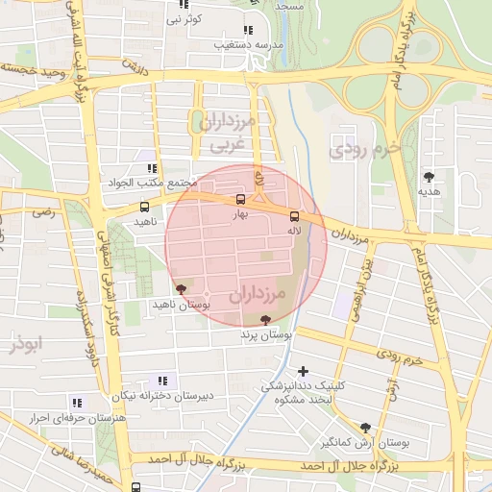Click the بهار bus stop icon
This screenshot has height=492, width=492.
(x=240, y=200)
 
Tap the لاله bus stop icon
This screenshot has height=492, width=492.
(x=294, y=216)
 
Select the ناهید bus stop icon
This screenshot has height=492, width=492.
(x=144, y=207)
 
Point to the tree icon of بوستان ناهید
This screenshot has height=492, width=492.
(x=181, y=287)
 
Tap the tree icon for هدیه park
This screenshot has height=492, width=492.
(x=428, y=176)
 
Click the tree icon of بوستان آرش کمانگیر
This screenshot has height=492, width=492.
(x=365, y=428)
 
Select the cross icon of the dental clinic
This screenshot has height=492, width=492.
(x=304, y=371)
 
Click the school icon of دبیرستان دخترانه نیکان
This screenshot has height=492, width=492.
(x=160, y=381)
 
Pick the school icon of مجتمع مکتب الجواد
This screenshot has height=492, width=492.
(x=152, y=168)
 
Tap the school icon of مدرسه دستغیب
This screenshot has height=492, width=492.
(x=249, y=30)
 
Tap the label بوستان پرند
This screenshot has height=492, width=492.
(x=265, y=337)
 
